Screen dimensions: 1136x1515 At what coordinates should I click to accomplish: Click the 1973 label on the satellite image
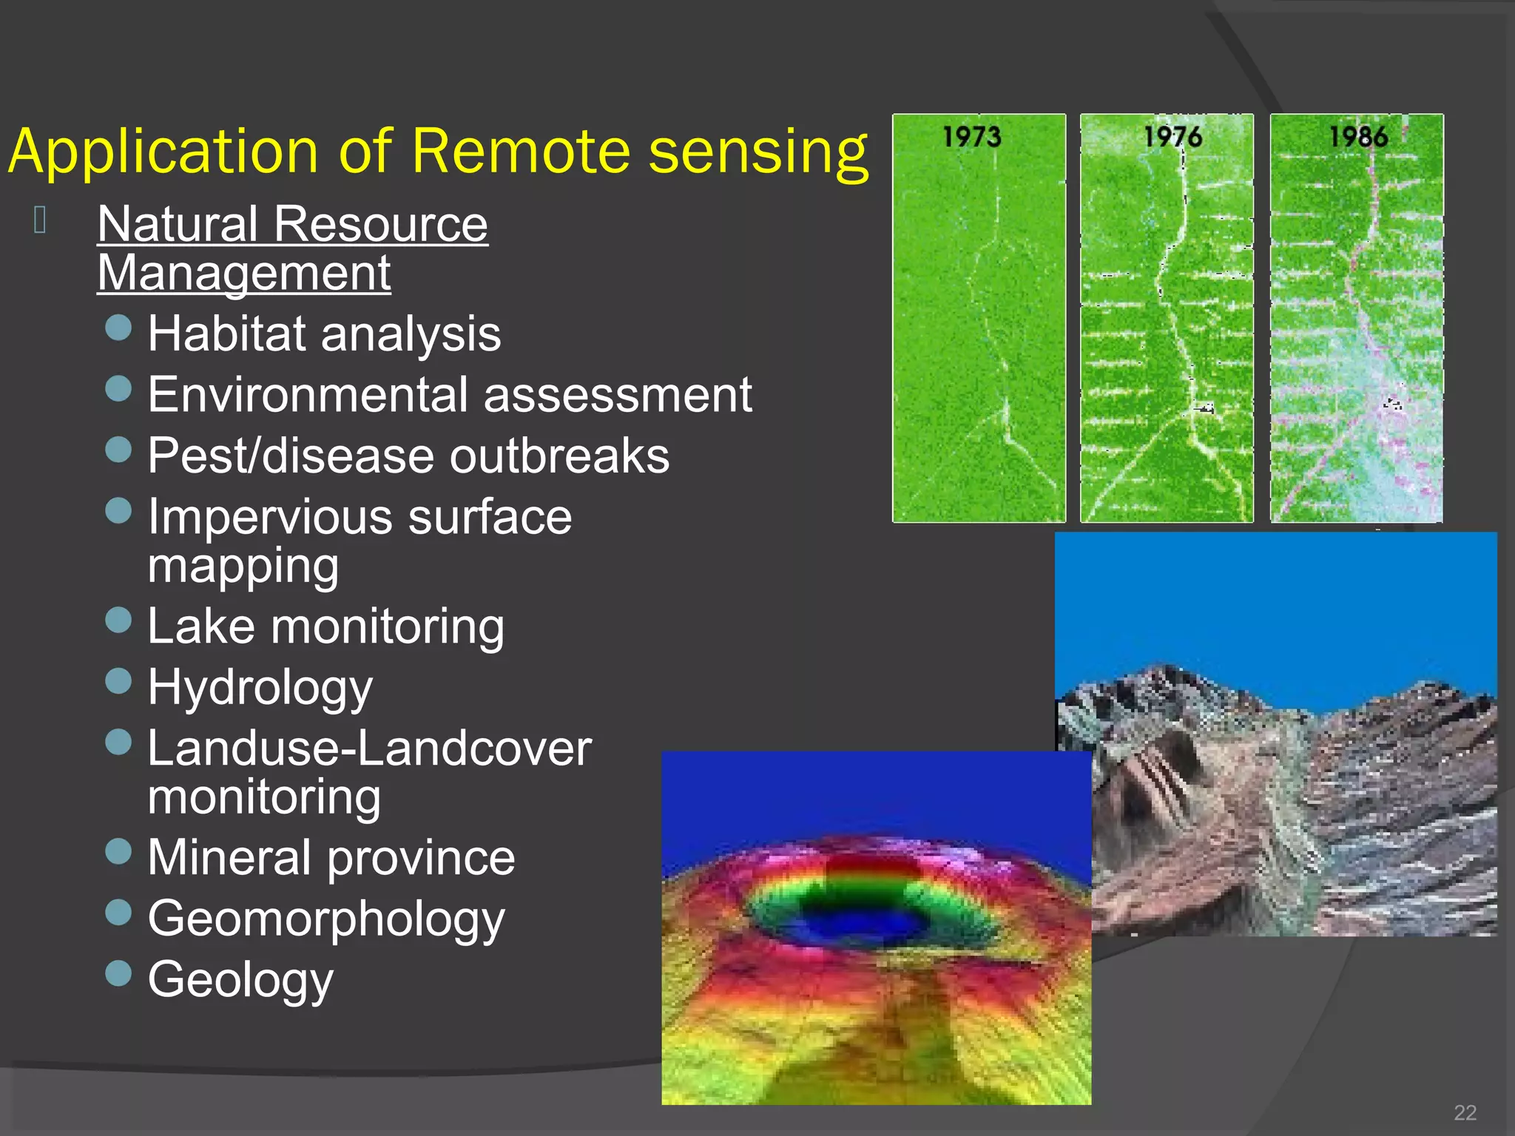click(971, 137)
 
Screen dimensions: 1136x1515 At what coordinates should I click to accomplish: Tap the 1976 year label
click(1172, 137)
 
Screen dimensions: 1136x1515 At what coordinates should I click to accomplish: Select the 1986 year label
click(1358, 137)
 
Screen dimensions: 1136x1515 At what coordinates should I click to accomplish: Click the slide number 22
click(1465, 1112)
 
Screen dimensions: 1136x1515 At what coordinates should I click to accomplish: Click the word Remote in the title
click(520, 152)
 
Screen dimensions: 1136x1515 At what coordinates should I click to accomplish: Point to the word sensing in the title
click(757, 152)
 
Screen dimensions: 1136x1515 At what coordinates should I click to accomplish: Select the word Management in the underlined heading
click(244, 273)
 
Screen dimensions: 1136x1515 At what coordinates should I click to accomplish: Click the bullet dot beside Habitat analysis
click(118, 328)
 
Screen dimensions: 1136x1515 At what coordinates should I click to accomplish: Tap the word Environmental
click(308, 394)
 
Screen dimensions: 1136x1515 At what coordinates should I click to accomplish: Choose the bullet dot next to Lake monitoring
click(118, 621)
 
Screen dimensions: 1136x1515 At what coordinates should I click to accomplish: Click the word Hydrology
click(260, 688)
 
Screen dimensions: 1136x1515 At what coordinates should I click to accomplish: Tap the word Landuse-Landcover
click(369, 748)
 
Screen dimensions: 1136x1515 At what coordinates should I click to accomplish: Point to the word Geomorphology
click(326, 919)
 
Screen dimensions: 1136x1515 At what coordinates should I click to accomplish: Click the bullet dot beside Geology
click(118, 973)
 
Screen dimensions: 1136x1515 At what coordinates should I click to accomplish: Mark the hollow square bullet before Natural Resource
click(41, 220)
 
